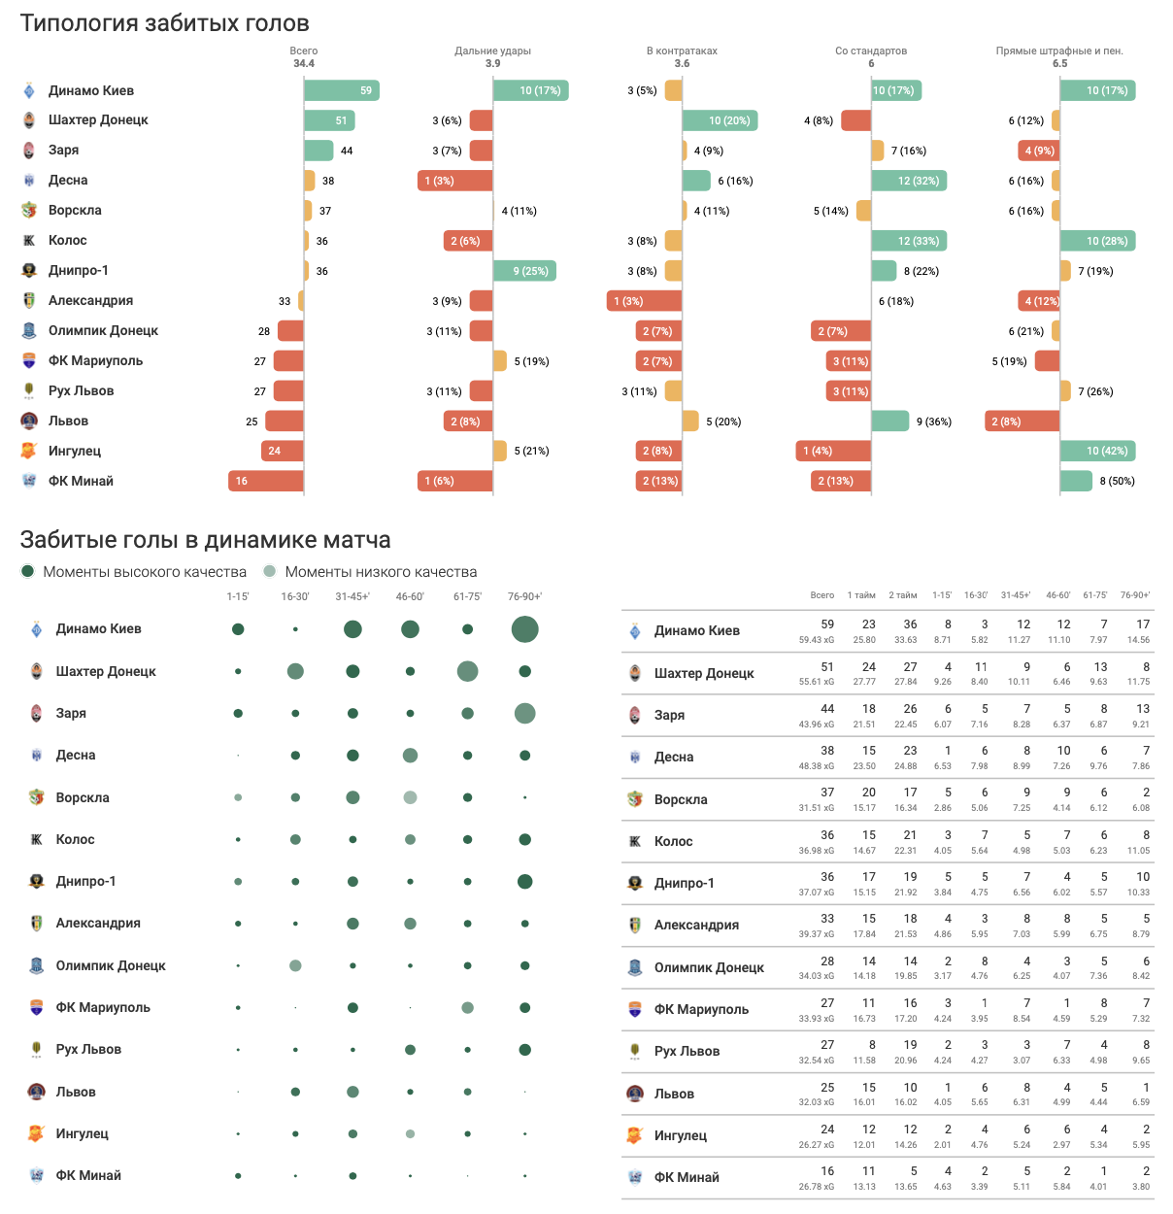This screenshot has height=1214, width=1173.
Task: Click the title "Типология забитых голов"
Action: pos(165,23)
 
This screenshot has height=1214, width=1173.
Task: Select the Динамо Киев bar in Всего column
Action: pos(341,90)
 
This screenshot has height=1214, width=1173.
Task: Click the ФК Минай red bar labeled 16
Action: pos(266,481)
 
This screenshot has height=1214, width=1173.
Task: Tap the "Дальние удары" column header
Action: pos(492,51)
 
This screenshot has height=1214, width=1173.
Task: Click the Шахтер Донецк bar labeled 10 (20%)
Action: pos(720,120)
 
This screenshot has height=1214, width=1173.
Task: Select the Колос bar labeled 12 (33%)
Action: pos(908,241)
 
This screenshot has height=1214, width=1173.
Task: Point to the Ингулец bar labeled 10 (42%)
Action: pos(1097,451)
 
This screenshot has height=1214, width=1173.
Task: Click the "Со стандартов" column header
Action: pos(871,51)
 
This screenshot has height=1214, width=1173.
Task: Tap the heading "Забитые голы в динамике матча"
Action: pos(206,540)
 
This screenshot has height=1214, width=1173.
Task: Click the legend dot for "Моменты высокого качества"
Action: pos(28,571)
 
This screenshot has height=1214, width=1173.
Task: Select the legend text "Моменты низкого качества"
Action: pos(381,572)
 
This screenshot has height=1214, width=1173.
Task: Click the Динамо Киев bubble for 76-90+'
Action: pos(524,629)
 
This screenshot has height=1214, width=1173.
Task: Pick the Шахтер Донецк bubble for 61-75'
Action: pos(467,671)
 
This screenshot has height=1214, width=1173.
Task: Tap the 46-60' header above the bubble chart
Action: pos(410,596)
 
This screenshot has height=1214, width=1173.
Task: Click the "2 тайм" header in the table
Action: pos(903,595)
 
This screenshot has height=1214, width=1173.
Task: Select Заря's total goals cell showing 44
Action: pos(827,709)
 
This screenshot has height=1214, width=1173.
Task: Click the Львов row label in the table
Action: pos(674,1094)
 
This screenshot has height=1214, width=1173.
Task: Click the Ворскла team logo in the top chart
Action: pos(30,210)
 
